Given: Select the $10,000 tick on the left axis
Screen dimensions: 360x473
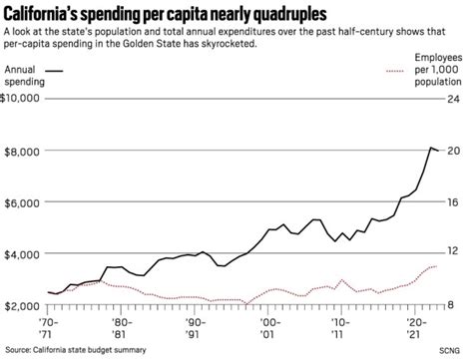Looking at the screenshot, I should click(21, 98).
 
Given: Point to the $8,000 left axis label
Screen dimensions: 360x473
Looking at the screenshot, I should click(21, 150).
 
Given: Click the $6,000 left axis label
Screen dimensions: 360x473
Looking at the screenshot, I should click(21, 201).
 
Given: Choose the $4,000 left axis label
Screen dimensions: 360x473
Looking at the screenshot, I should click(21, 253).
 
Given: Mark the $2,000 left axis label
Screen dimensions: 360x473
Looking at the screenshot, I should click(21, 305).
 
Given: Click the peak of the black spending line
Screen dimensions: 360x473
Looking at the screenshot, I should click(430, 147).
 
